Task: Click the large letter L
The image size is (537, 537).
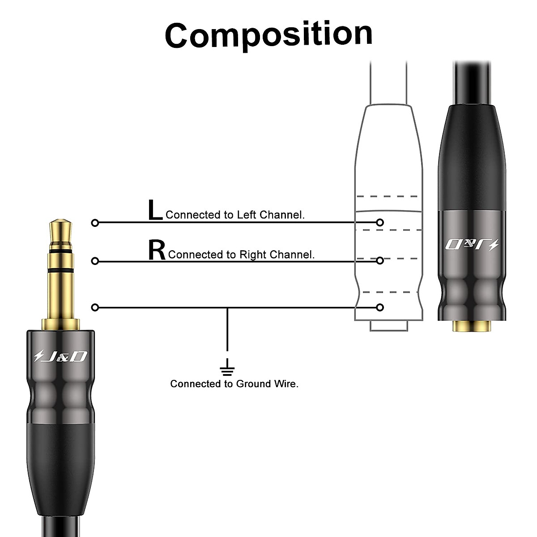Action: [x=155, y=211]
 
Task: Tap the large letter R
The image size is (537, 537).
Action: [x=157, y=251]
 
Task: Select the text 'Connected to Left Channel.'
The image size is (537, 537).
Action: [x=235, y=215]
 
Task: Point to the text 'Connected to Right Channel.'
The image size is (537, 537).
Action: [x=241, y=255]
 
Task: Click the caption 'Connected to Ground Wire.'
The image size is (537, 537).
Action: [x=234, y=384]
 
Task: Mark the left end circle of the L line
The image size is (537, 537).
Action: [x=95, y=222]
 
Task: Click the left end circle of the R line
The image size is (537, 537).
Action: [x=95, y=261]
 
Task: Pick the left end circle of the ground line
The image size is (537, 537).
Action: [x=95, y=307]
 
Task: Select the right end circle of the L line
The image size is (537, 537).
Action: [x=380, y=222]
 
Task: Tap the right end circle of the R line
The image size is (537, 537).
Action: [x=380, y=260]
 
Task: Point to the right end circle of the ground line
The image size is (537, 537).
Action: [x=380, y=307]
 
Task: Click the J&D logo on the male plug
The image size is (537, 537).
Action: [x=60, y=356]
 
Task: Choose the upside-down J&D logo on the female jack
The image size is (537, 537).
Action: [x=472, y=245]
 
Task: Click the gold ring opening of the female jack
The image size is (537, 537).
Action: [x=472, y=327]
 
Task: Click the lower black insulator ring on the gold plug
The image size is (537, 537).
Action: [x=60, y=271]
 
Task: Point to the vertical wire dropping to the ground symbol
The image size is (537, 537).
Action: [x=227, y=331]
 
